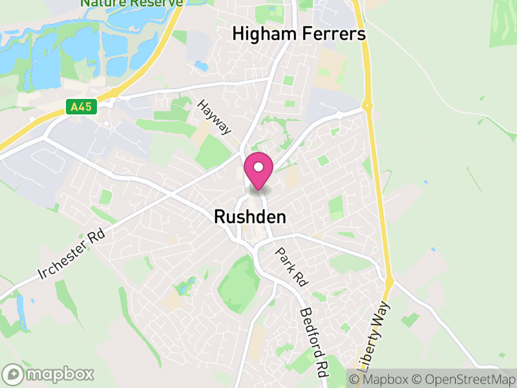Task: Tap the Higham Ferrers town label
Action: (299, 34)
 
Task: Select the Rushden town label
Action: (250, 219)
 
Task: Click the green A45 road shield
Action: (81, 107)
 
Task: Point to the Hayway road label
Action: (214, 117)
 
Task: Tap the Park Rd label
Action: (291, 266)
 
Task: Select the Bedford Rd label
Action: (311, 343)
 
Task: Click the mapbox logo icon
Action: (14, 374)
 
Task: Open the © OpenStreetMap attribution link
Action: (463, 378)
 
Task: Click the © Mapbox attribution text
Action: (379, 378)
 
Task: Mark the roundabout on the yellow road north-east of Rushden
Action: (368, 104)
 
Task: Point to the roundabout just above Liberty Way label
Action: (389, 282)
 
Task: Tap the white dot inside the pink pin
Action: (258, 167)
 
